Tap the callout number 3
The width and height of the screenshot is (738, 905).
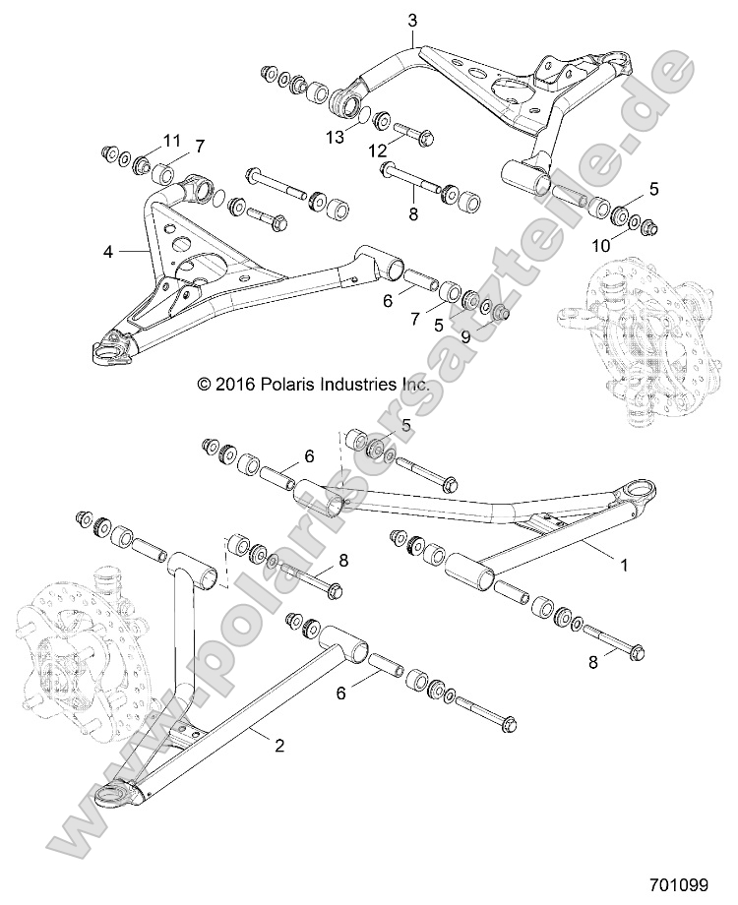click(412, 20)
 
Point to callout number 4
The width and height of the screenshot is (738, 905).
click(108, 252)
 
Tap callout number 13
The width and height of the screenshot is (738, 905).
click(337, 138)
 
